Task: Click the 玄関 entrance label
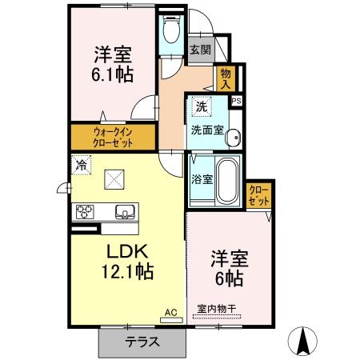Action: [200, 50]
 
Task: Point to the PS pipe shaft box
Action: [236, 102]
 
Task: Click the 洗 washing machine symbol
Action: [202, 106]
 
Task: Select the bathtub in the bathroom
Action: [227, 180]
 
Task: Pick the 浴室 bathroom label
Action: [201, 180]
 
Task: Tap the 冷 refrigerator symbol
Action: [82, 166]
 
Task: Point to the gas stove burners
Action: [86, 211]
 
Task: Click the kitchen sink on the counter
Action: [126, 212]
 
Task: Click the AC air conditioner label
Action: [170, 311]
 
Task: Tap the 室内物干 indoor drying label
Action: [216, 310]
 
